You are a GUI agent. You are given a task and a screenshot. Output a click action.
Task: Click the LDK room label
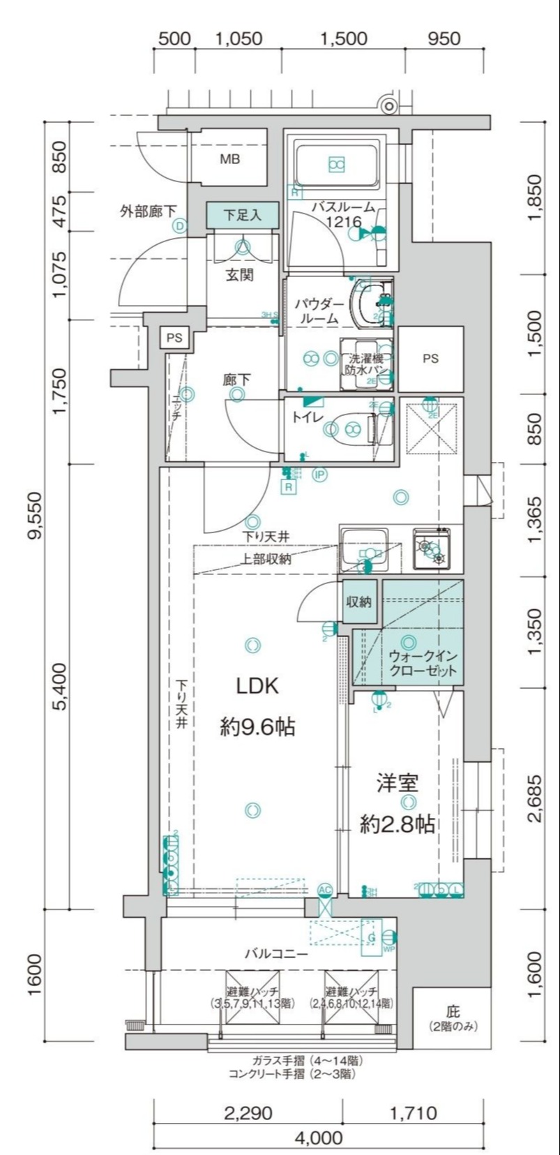(257, 686)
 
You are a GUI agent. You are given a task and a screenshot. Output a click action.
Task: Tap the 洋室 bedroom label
(398, 782)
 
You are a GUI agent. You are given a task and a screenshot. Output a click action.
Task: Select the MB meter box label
(230, 159)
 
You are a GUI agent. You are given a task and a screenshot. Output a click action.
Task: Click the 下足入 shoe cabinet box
(242, 215)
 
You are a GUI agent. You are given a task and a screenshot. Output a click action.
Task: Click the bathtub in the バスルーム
(337, 165)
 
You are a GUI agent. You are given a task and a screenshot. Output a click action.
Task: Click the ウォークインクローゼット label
(423, 663)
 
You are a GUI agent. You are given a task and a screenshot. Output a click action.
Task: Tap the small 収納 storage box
(358, 601)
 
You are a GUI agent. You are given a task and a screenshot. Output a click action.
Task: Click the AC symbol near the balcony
(324, 890)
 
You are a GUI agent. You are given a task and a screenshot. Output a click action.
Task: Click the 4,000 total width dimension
(319, 1138)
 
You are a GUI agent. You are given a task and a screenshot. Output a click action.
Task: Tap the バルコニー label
(275, 953)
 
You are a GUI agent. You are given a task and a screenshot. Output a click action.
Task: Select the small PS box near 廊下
(174, 338)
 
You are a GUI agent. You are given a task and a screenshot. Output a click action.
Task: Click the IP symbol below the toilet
(320, 475)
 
